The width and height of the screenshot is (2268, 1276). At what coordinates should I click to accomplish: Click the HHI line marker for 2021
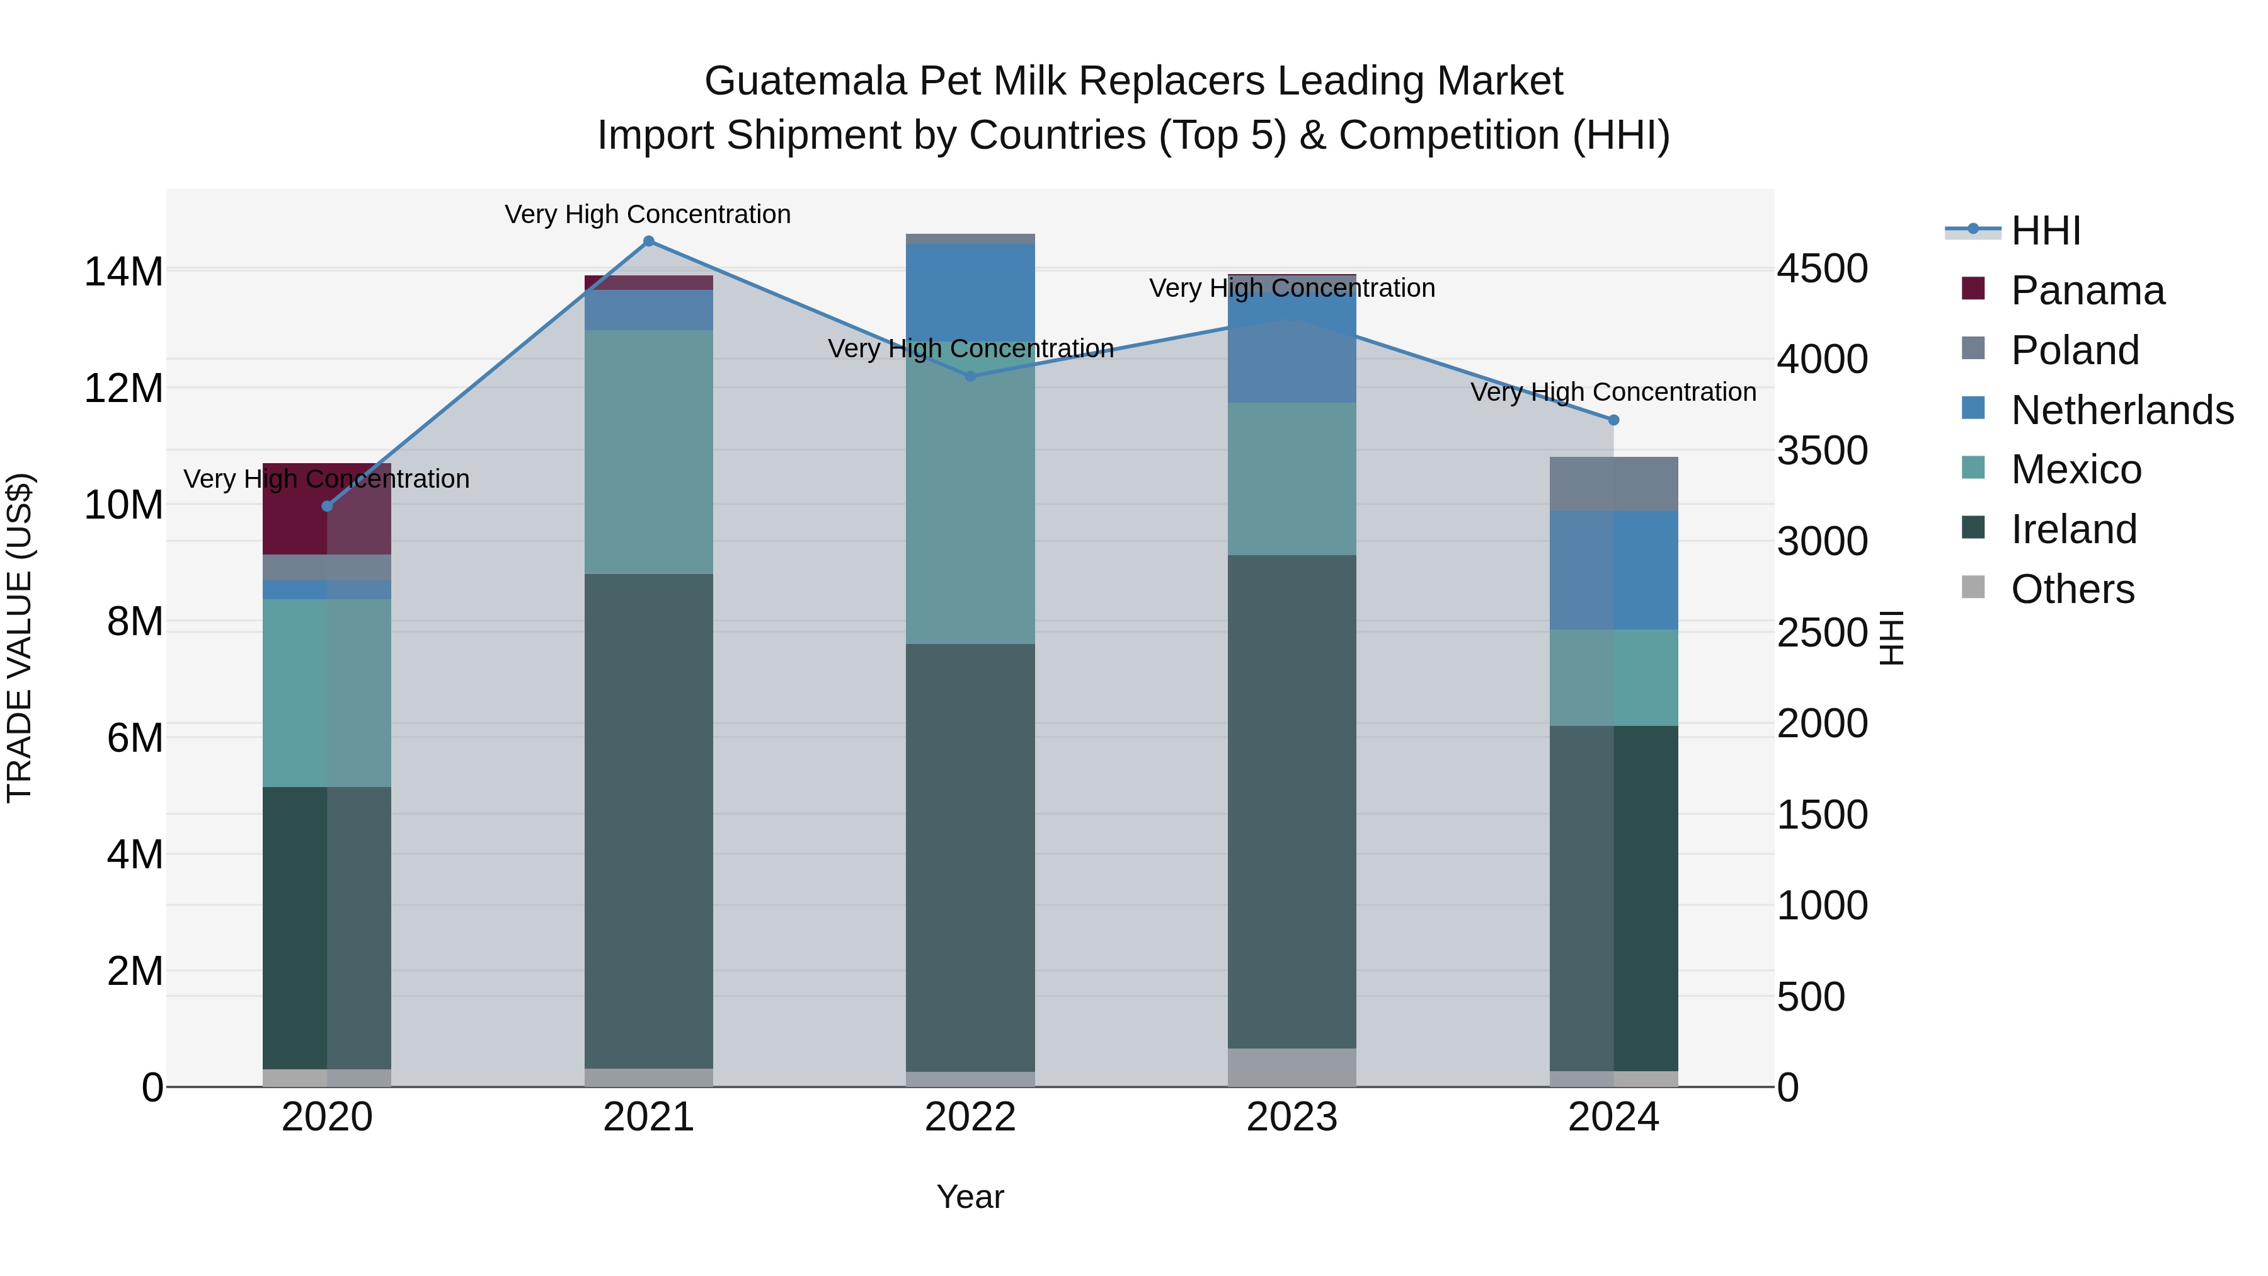click(x=649, y=241)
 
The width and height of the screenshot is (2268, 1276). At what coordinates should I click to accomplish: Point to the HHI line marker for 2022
click(x=971, y=377)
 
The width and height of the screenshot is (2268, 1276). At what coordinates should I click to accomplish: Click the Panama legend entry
click(x=2087, y=290)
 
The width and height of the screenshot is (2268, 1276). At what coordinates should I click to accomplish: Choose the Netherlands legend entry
click(x=2122, y=410)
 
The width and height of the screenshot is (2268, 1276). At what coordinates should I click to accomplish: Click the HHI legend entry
click(x=2045, y=231)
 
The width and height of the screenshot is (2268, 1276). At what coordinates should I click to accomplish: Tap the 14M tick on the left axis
click(x=123, y=271)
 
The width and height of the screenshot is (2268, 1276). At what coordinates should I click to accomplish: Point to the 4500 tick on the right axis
click(x=1821, y=268)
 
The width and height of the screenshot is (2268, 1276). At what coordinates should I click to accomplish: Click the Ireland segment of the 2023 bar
click(x=1291, y=802)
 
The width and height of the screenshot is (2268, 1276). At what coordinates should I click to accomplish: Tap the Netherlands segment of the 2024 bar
click(x=1614, y=571)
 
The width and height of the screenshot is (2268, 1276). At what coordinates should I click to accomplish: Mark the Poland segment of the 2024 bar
click(x=1614, y=485)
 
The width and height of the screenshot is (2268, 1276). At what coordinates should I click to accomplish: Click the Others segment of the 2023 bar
click(x=1291, y=1067)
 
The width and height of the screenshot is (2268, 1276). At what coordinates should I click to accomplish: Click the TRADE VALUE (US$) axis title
click(x=20, y=638)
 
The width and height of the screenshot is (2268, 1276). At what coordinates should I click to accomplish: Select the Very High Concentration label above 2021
click(x=648, y=214)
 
